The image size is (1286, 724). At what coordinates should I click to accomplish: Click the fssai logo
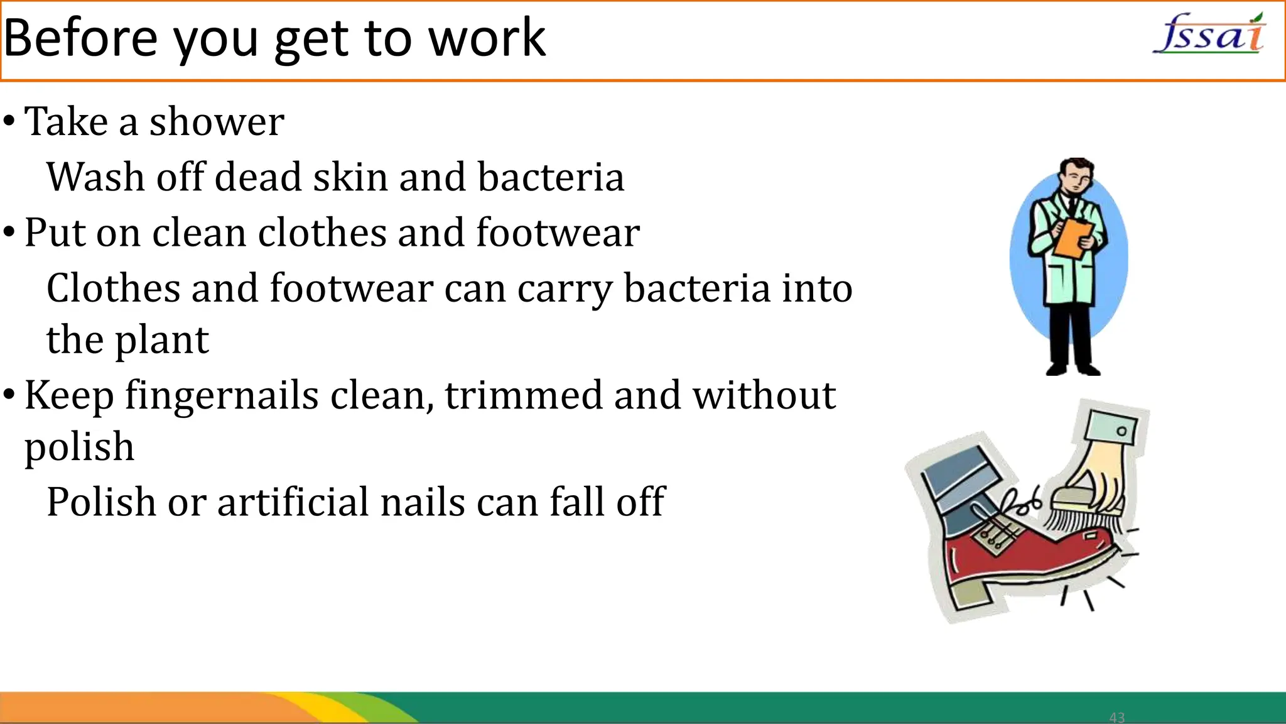pyautogui.click(x=1209, y=35)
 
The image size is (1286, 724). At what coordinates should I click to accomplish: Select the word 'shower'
pyautogui.click(x=217, y=121)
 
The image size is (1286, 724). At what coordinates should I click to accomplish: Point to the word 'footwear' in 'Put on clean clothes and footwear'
pyautogui.click(x=558, y=233)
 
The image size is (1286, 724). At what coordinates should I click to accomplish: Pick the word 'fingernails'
pyautogui.click(x=222, y=396)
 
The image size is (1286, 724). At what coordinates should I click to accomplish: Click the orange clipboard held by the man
pyautogui.click(x=1073, y=238)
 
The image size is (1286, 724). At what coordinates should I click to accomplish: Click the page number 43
pyautogui.click(x=1117, y=717)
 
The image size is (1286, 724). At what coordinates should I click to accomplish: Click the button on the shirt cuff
pyautogui.click(x=1121, y=431)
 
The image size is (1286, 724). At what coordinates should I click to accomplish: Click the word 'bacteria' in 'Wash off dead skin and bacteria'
pyautogui.click(x=551, y=177)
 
